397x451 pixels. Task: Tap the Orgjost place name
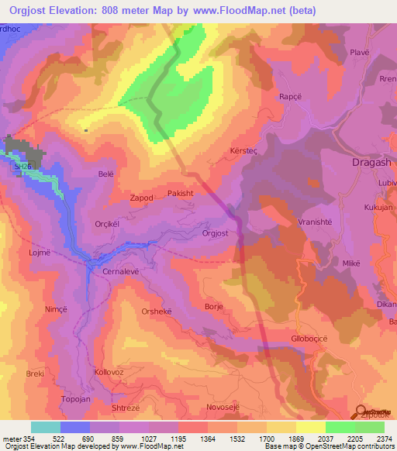click(x=215, y=232)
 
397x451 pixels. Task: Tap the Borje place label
click(x=213, y=307)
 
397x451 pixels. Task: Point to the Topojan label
click(x=76, y=400)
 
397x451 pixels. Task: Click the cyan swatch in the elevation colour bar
click(x=46, y=427)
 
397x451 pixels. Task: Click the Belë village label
click(x=106, y=174)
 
